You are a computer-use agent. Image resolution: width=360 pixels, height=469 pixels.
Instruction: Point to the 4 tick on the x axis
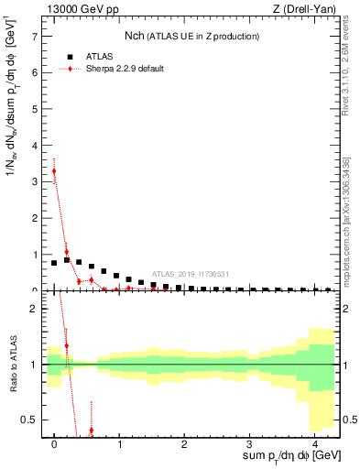pos(313,443)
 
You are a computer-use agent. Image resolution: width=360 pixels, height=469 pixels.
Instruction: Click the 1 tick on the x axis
pos(119,443)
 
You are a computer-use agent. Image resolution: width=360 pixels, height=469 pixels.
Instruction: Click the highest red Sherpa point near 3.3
pos(54,171)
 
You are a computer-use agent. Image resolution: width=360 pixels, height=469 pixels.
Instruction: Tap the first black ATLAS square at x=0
pos(54,263)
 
